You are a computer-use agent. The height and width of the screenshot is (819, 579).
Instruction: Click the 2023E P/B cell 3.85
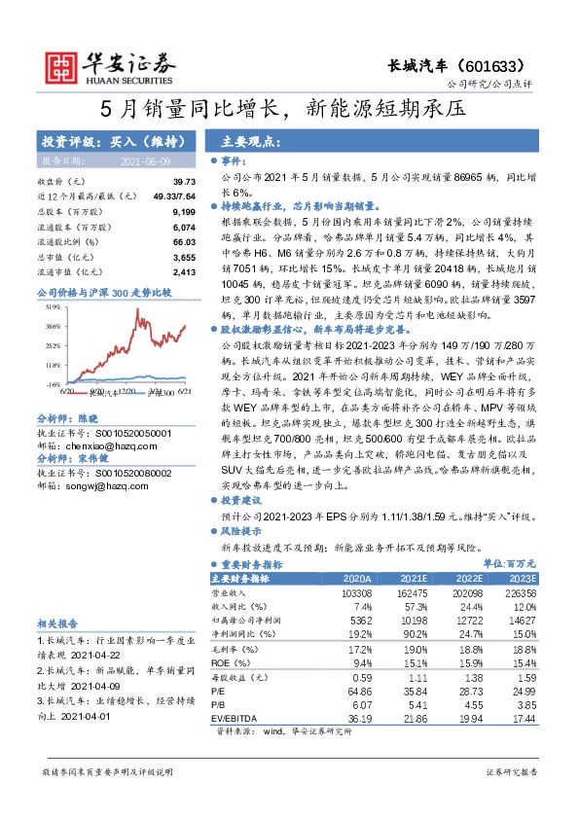[525, 704]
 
